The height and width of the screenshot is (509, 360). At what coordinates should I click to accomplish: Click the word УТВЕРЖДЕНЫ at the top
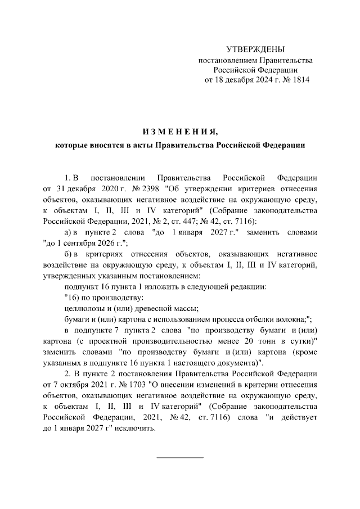click(x=255, y=49)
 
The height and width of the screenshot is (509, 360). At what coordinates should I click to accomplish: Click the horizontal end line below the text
click(x=179, y=457)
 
